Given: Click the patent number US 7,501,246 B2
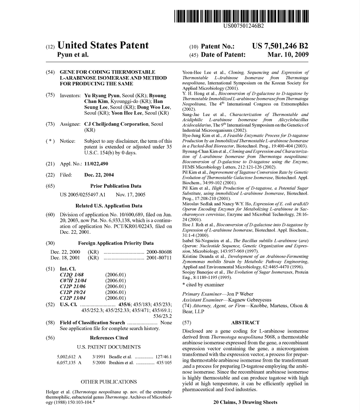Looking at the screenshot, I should pyautogui.click(x=280, y=46).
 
